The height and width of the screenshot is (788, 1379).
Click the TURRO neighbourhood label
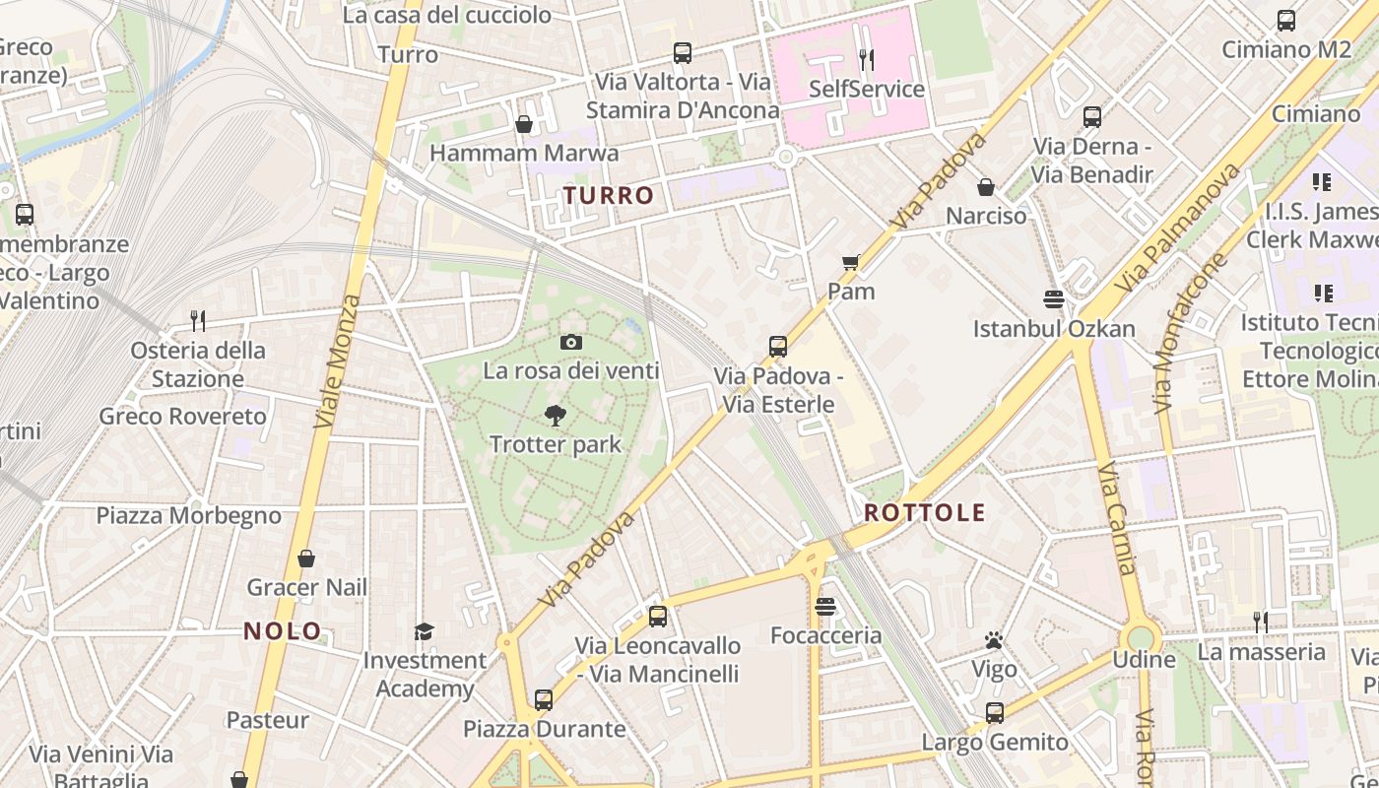click(609, 195)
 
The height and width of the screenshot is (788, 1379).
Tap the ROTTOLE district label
click(924, 512)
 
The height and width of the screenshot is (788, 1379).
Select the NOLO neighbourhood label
click(283, 631)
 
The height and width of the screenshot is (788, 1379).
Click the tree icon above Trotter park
click(556, 416)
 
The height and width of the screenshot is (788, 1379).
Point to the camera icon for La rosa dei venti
click(570, 343)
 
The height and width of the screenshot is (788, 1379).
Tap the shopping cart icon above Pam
click(851, 262)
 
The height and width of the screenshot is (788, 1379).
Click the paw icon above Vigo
click(993, 641)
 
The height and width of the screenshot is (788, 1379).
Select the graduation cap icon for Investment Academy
click(424, 631)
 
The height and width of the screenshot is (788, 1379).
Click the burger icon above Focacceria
click(825, 607)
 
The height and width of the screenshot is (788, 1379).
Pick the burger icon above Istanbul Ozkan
click(1054, 299)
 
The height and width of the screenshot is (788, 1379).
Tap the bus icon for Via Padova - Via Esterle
click(778, 347)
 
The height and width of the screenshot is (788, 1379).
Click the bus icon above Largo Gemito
click(995, 713)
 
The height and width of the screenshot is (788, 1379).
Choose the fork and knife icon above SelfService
click(866, 60)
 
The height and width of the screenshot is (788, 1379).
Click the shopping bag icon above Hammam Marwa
click(524, 124)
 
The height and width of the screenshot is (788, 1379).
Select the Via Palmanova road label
click(1178, 229)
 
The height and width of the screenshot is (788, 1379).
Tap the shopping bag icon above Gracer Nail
click(306, 559)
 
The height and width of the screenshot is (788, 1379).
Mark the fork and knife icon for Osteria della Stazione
click(198, 320)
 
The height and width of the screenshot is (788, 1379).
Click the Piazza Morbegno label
click(188, 515)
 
